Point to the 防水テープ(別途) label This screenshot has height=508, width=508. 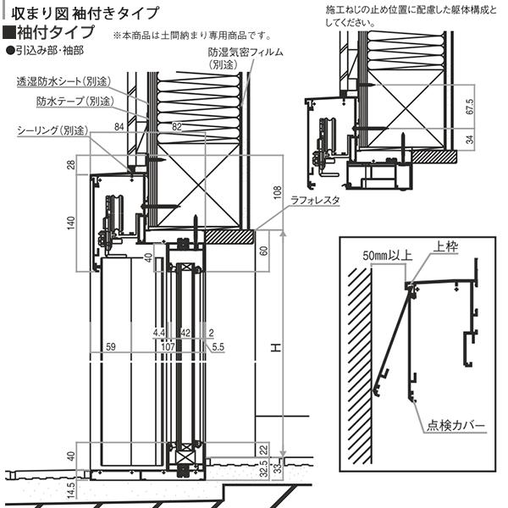pyautogui.click(x=75, y=101)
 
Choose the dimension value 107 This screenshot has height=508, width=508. pyautogui.click(x=167, y=346)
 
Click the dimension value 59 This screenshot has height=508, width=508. pyautogui.click(x=110, y=346)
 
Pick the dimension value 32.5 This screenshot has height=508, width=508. pyautogui.click(x=264, y=469)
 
